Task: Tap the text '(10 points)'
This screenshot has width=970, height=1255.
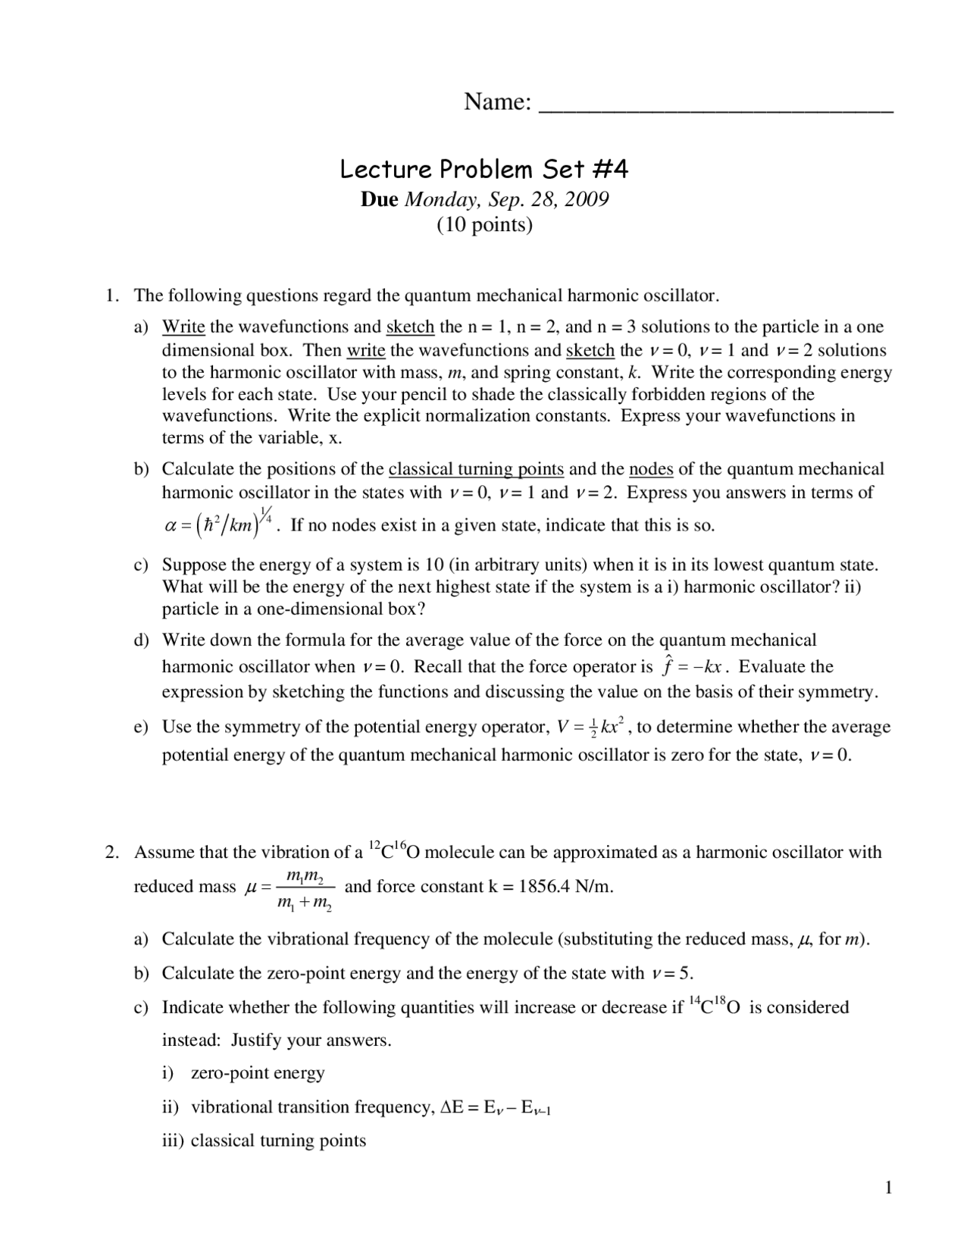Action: pyautogui.click(x=484, y=224)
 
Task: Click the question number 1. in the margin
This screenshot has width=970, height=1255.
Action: pyautogui.click(x=112, y=295)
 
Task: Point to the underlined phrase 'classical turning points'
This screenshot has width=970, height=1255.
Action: pyautogui.click(x=476, y=469)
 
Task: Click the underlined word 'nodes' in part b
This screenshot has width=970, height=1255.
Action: pyautogui.click(x=651, y=469)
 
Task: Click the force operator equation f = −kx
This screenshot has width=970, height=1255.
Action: pyautogui.click(x=695, y=667)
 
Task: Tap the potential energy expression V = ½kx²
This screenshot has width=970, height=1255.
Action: pyautogui.click(x=595, y=726)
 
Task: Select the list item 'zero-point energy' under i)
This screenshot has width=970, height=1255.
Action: pyautogui.click(x=258, y=1072)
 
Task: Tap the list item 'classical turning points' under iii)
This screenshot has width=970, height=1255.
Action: pyautogui.click(x=278, y=1141)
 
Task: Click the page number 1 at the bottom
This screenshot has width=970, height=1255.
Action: pyautogui.click(x=888, y=1187)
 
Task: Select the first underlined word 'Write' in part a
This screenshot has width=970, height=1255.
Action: pyautogui.click(x=183, y=327)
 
